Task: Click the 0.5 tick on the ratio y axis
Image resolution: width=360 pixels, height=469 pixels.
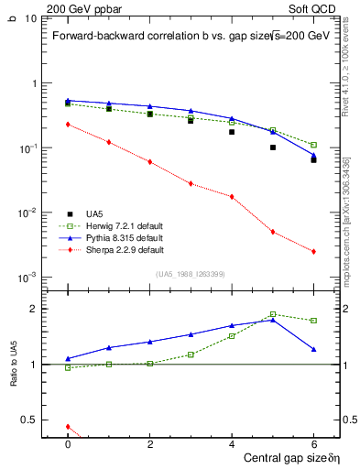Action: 28,420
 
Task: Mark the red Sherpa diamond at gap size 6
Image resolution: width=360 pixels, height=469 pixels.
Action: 313,252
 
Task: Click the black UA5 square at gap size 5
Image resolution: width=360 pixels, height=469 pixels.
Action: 273,147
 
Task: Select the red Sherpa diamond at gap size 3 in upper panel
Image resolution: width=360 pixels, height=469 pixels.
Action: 191,183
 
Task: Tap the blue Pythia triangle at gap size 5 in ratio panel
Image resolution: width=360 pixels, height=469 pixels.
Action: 273,320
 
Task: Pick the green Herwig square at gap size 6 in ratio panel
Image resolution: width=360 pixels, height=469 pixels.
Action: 313,321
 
